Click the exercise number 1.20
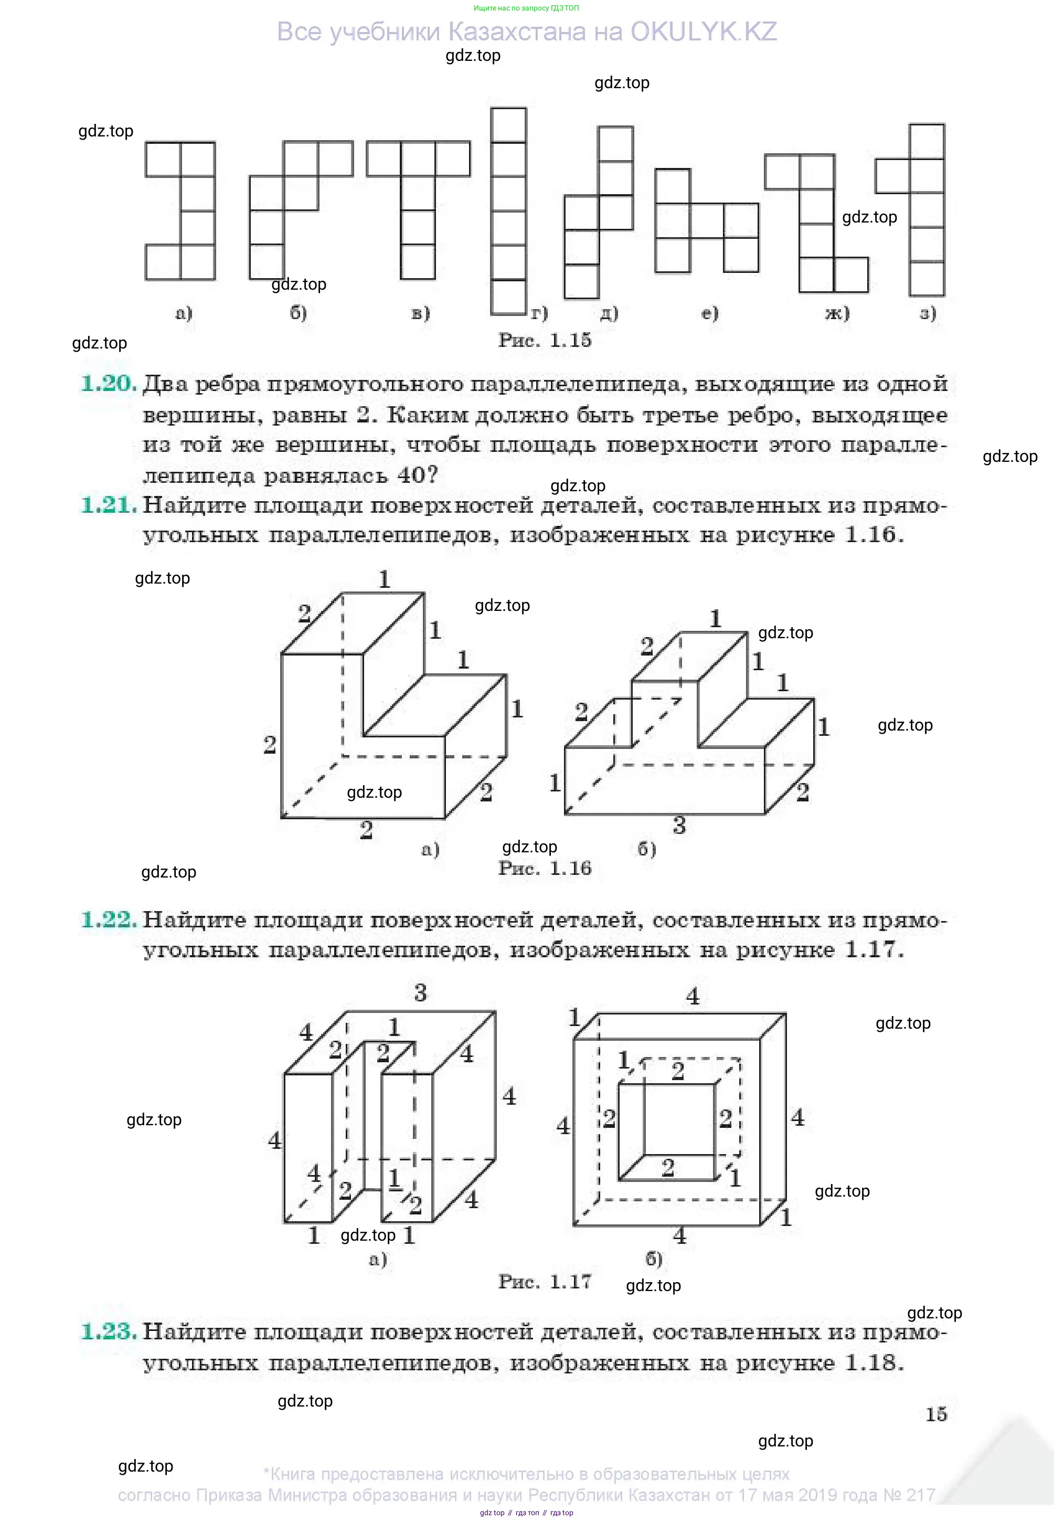point(108,383)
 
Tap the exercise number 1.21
point(108,505)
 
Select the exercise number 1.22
point(108,919)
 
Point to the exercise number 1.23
point(108,1331)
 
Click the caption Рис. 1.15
point(544,340)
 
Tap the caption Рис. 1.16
point(544,868)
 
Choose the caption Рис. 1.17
point(544,1282)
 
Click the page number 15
point(936,1414)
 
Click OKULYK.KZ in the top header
point(704,31)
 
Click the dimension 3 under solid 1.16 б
point(679,825)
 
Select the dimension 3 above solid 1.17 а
point(421,993)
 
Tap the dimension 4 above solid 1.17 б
point(692,996)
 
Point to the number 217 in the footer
point(919,1494)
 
